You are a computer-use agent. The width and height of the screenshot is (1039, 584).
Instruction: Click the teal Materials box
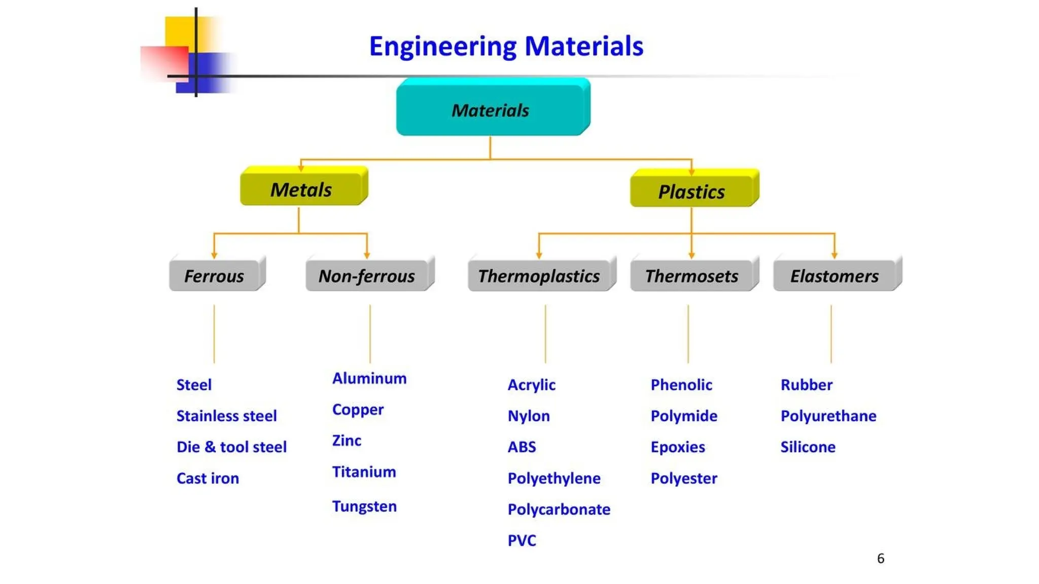[x=491, y=109]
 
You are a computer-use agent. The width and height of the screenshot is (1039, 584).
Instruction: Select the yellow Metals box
[x=301, y=190]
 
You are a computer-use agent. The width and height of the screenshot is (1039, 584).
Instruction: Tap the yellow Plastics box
[x=691, y=192]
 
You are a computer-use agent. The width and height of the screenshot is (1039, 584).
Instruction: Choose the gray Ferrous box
[x=214, y=276]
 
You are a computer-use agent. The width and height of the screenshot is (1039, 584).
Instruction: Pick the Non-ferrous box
[x=367, y=276]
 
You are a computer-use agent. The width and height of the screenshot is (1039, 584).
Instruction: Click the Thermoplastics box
[x=539, y=276]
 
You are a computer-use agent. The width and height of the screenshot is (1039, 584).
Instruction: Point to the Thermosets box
[x=691, y=276]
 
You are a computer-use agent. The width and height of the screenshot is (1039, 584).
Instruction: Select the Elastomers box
[x=835, y=276]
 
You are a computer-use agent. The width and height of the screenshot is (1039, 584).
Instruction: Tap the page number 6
[x=880, y=558]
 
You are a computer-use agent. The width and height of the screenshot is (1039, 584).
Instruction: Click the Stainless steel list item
[x=226, y=416]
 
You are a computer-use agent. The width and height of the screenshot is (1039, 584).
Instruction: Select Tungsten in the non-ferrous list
[x=364, y=506]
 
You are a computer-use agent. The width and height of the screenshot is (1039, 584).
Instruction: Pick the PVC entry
[x=522, y=540]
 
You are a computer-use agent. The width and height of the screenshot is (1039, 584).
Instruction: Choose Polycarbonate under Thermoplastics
[x=559, y=509]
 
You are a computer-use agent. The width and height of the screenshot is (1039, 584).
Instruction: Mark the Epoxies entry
[x=678, y=447]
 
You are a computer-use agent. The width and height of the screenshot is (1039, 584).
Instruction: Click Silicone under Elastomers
[x=808, y=447]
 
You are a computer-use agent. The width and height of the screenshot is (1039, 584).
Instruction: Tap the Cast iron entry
[x=207, y=478]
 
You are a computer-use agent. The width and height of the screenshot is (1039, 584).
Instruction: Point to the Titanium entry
[x=364, y=471]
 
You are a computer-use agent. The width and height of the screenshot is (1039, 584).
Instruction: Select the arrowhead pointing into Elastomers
[x=835, y=255]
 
